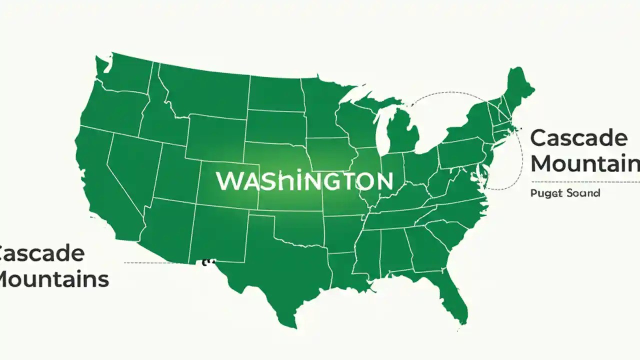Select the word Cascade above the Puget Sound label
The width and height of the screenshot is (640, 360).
[x=578, y=137]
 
